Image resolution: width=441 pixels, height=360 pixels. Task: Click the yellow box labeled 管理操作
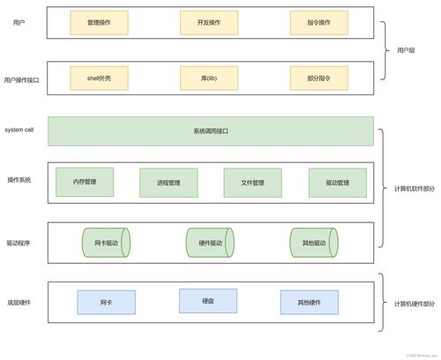click(99, 23)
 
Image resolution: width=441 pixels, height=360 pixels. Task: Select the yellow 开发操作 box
click(209, 23)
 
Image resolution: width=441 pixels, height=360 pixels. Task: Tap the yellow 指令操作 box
click(318, 23)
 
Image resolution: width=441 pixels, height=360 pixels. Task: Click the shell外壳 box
click(99, 79)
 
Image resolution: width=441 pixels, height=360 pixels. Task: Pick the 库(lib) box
click(209, 79)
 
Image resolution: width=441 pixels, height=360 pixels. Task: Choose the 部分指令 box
click(318, 79)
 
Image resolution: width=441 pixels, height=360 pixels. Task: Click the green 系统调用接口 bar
click(211, 131)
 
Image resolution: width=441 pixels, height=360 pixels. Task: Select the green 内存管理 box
click(85, 182)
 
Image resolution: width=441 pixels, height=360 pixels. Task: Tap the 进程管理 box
click(168, 183)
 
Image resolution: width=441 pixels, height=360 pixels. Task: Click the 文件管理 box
click(252, 183)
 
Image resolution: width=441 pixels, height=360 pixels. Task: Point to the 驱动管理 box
click(337, 183)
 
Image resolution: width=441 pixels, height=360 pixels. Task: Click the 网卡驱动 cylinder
click(106, 243)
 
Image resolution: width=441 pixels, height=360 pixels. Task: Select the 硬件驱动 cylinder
click(211, 243)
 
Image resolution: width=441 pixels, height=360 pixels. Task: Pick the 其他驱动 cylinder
click(315, 243)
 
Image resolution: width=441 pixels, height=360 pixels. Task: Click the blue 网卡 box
click(106, 302)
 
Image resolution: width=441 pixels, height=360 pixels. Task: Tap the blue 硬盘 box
click(208, 301)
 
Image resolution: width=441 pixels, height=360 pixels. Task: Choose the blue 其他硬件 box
click(310, 302)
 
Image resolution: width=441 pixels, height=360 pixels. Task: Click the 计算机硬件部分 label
click(414, 303)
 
